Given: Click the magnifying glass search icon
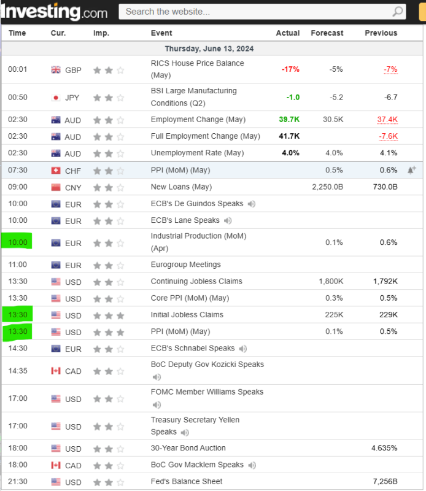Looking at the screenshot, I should [x=398, y=11].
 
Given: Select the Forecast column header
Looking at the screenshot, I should [x=327, y=33].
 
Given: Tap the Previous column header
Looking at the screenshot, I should [x=381, y=33].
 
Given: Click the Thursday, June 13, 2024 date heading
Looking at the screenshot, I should [x=209, y=48].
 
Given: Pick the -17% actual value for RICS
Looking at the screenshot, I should [x=290, y=69].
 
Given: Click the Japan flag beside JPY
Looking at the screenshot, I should [x=56, y=97].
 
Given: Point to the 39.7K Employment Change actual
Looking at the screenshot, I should [x=289, y=120].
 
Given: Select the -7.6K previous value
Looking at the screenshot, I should [x=388, y=136].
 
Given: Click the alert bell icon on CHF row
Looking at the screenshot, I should [x=411, y=169].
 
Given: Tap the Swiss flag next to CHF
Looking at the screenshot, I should [x=56, y=170].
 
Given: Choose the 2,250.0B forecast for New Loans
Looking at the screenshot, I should [x=327, y=187].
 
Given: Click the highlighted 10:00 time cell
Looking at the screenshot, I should [x=17, y=242].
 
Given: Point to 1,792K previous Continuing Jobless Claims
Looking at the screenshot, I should [x=385, y=281].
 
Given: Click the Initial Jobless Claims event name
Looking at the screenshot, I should [x=187, y=315].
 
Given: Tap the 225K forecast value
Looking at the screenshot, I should [x=334, y=315].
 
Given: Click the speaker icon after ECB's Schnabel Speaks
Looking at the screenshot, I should [x=243, y=349].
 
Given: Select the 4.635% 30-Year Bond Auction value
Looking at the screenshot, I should [x=384, y=448].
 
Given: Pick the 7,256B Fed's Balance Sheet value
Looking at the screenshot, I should [x=385, y=482].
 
